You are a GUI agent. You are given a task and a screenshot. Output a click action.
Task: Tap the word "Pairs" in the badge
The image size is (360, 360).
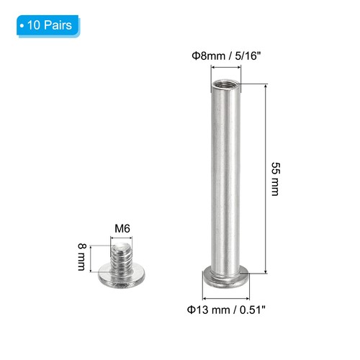click(57, 25)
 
